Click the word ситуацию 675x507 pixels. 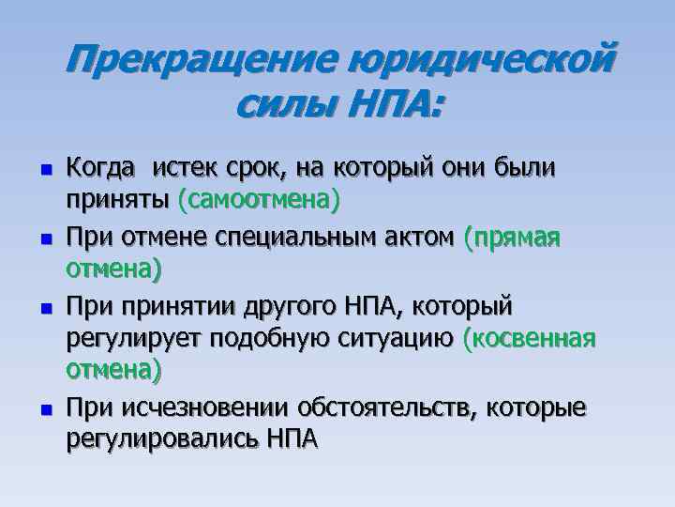[x=394, y=338]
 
